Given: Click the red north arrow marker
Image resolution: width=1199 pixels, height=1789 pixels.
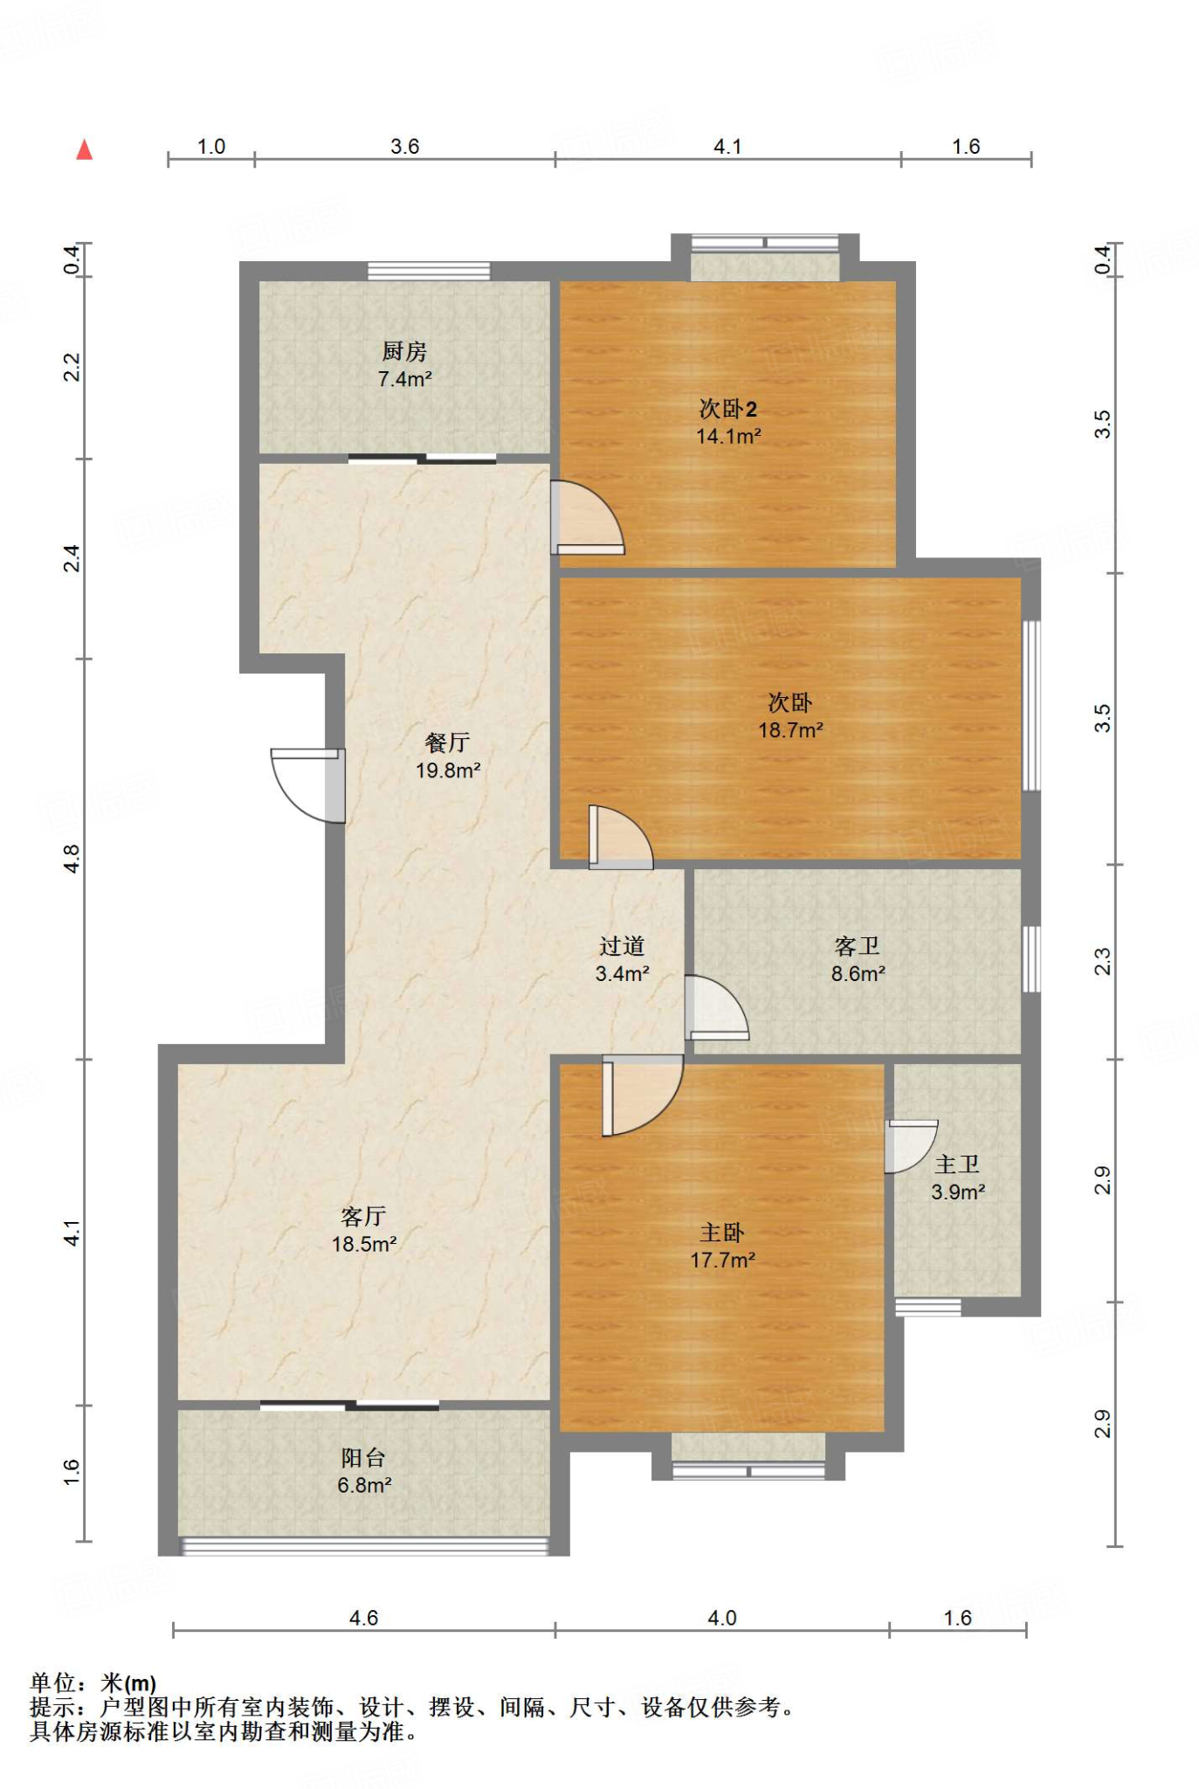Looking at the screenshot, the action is click(85, 149).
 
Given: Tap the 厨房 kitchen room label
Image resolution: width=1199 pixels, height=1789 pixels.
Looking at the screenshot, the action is click(404, 351).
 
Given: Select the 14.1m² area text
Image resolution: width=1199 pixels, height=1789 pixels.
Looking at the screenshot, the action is click(728, 435).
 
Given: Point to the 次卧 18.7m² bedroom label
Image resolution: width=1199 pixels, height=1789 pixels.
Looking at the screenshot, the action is click(790, 702).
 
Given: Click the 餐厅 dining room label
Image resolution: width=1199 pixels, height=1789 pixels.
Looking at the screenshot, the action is click(448, 743).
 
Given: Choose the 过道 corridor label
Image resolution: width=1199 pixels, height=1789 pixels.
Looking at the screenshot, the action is click(622, 946).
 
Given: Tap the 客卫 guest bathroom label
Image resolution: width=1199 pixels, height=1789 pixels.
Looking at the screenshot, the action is click(858, 946).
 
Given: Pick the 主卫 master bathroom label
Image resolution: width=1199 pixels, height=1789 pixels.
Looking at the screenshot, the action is click(958, 1164).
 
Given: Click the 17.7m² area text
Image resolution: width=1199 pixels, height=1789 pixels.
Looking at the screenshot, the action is click(723, 1260).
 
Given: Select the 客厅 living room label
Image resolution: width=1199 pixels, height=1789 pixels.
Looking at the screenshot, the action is click(363, 1216).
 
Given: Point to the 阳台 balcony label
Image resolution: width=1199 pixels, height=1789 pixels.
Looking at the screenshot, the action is click(363, 1457).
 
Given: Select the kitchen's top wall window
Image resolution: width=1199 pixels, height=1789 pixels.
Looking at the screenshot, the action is click(429, 272).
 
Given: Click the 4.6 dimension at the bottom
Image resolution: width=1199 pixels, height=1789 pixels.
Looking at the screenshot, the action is click(363, 1618).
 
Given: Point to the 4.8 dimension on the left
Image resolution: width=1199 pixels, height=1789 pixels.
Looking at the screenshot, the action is click(72, 859).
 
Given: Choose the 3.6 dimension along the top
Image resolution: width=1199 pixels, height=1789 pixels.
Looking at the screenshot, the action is click(405, 146).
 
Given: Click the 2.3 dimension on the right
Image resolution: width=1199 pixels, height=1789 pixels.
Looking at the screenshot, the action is click(1103, 962).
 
